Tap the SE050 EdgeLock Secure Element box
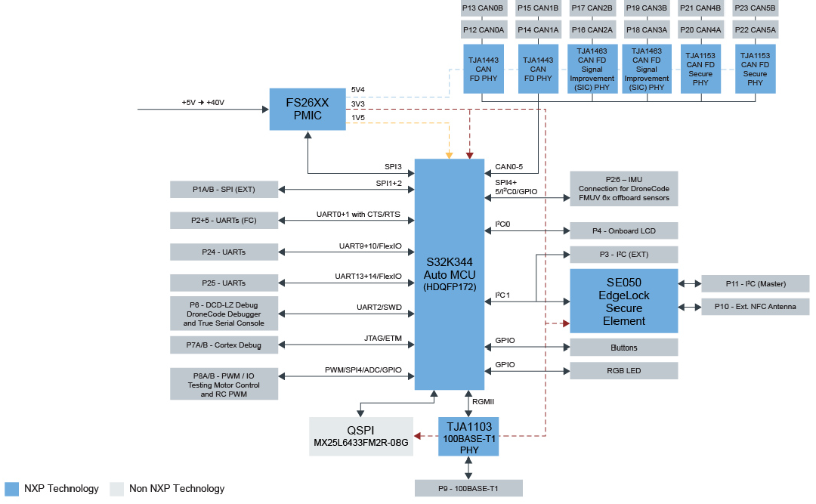[623, 301]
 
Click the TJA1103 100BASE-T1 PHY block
[468, 437]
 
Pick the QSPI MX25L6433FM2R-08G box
[361, 436]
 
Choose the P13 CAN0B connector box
[482, 8]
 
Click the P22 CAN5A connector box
[755, 29]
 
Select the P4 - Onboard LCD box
[623, 230]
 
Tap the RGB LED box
[623, 370]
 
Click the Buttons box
[623, 348]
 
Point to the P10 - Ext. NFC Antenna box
[755, 306]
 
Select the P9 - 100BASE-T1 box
[468, 488]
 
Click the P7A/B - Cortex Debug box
[224, 345]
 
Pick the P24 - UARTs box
[224, 251]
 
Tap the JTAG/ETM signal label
[382, 339]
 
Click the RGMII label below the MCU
[484, 402]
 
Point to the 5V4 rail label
[358, 89]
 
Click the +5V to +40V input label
[203, 103]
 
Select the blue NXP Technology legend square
[11, 488]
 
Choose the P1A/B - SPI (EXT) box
[224, 189]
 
